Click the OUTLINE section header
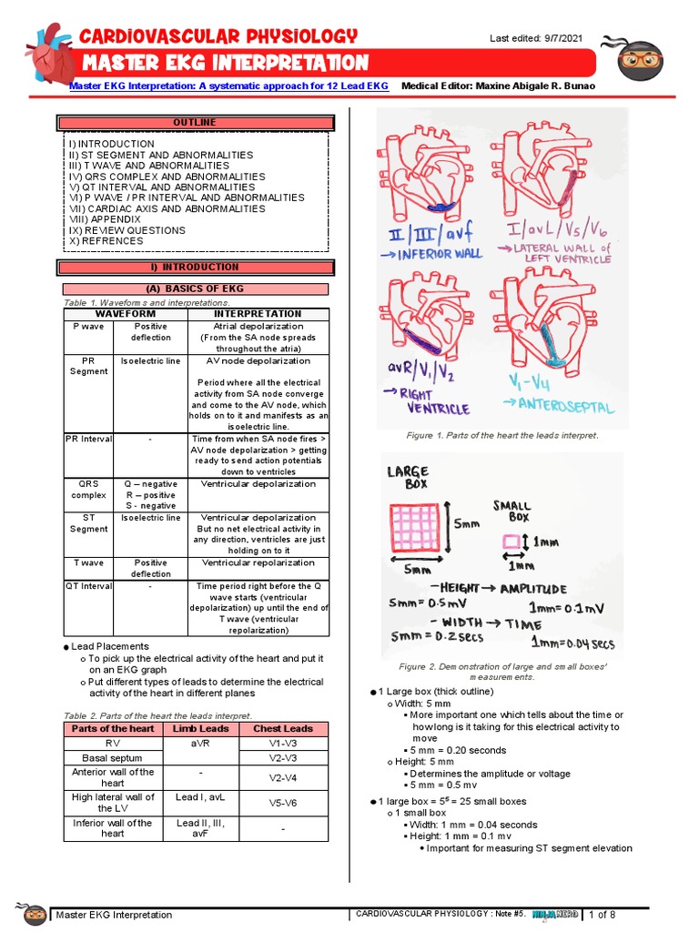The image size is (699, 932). pos(195,122)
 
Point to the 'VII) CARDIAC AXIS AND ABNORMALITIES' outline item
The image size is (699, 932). pos(167,208)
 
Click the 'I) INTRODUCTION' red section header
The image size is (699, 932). pos(195,267)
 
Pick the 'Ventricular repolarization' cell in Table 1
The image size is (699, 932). pos(258,562)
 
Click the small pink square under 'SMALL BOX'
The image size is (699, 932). pos(512,543)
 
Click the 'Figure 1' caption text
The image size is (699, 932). pos(502,435)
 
